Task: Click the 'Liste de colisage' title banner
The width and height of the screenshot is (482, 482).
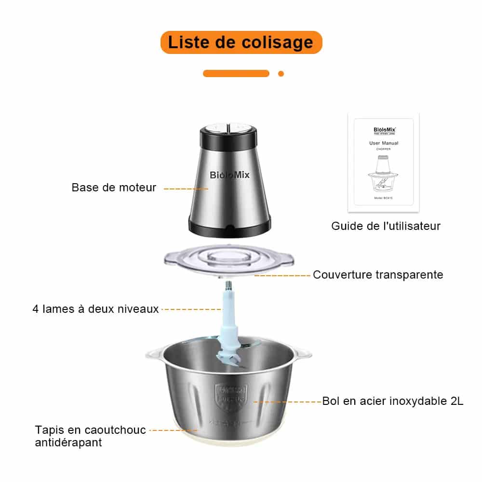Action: tap(241, 42)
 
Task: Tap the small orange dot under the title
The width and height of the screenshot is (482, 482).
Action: tap(281, 74)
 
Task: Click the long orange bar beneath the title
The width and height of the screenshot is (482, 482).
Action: tap(236, 74)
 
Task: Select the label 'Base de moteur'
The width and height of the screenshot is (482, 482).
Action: tap(114, 188)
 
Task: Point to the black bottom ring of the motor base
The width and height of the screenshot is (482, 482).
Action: tap(229, 230)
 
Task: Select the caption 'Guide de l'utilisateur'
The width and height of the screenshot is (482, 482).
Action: tap(386, 226)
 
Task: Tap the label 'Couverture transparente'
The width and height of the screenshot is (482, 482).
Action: tap(378, 275)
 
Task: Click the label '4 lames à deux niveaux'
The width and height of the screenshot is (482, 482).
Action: tap(95, 309)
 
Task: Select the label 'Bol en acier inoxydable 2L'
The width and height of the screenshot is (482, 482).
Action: tap(393, 401)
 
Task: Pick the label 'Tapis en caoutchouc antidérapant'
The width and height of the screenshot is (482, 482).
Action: tap(90, 436)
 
